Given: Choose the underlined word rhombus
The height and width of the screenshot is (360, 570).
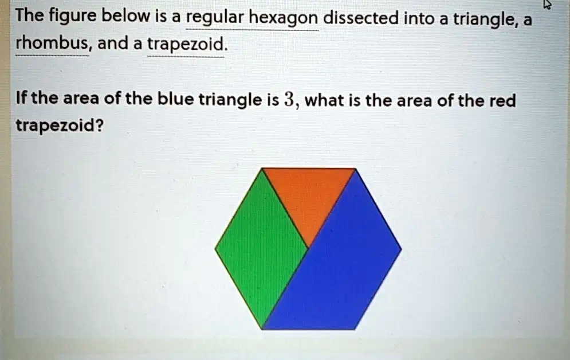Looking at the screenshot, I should click(x=52, y=44).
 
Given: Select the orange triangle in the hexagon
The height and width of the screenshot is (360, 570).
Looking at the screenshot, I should click(x=308, y=195).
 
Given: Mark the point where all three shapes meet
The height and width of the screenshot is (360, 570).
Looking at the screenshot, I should click(x=308, y=248).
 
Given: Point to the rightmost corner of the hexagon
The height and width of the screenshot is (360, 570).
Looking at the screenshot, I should click(x=401, y=249).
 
